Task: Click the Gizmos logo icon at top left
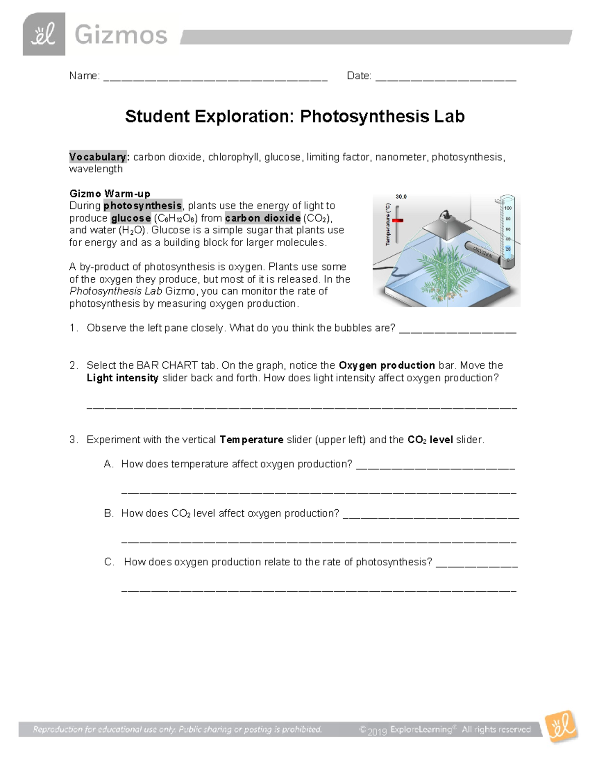pyautogui.click(x=44, y=34)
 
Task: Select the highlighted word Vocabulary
pyautogui.click(x=98, y=157)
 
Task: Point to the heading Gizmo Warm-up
pyautogui.click(x=110, y=193)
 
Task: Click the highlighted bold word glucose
pyautogui.click(x=131, y=218)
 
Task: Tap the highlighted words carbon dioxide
pyautogui.click(x=263, y=218)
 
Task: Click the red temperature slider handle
pyautogui.click(x=397, y=220)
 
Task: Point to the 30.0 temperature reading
pyautogui.click(x=401, y=197)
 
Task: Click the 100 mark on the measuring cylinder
pyautogui.click(x=508, y=208)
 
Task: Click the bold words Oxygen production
pyautogui.click(x=386, y=366)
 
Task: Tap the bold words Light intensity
pyautogui.click(x=122, y=378)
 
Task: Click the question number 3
pyautogui.click(x=73, y=440)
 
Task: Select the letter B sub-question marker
pyautogui.click(x=108, y=513)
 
